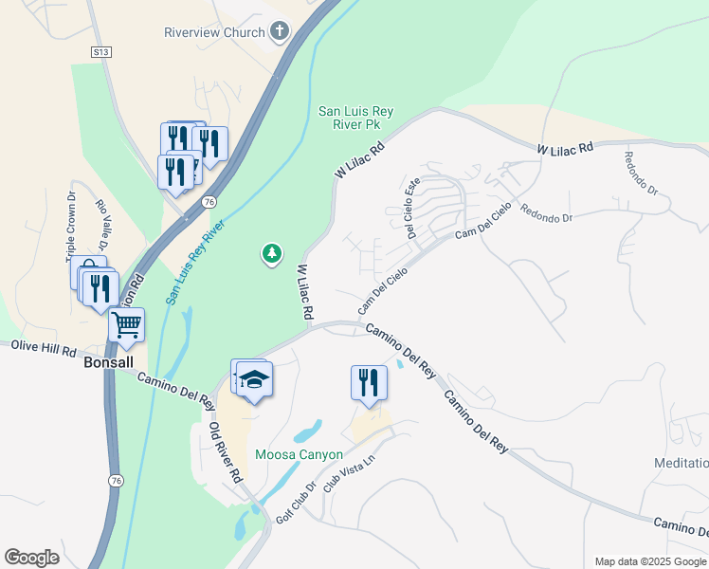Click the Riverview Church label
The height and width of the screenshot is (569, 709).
215,31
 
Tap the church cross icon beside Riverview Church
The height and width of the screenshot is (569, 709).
279,31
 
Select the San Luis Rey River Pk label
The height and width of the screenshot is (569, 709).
355,118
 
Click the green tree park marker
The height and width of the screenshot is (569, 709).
272,253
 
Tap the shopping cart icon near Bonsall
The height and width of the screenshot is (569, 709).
126,325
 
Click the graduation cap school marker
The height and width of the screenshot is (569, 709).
254,380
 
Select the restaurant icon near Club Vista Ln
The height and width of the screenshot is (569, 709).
369,383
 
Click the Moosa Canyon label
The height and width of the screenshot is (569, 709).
299,454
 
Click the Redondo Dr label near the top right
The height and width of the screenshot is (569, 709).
640,171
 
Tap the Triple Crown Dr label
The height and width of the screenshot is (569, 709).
71,227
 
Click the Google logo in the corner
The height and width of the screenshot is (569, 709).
31,558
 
